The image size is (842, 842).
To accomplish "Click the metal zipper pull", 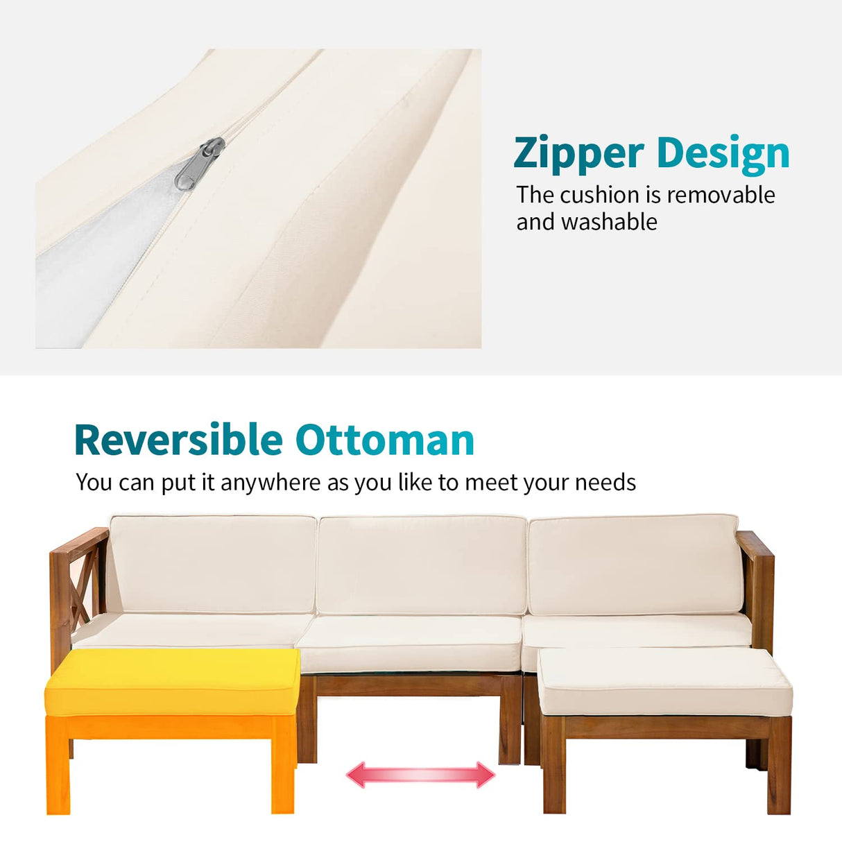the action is (200, 164).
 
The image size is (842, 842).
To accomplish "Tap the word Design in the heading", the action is (723, 155).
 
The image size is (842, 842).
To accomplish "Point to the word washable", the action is (609, 221).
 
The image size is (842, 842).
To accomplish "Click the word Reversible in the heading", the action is (179, 439).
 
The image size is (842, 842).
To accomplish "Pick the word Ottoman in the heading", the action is (385, 439).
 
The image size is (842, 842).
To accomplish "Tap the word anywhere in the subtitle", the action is (271, 483).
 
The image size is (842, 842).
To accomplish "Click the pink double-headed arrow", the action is (420, 775).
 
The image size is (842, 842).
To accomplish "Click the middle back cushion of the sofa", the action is (422, 565).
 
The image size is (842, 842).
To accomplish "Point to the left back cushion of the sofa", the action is (213, 564).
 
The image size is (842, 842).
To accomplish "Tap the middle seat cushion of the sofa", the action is (409, 644).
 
